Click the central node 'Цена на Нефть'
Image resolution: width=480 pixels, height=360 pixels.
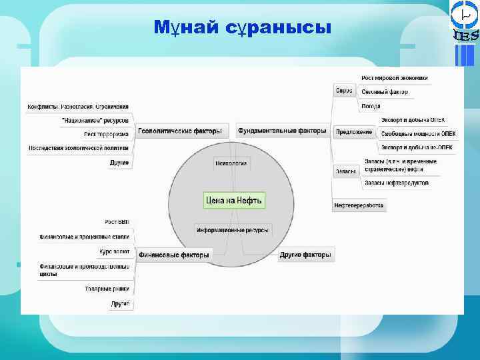click(x=234, y=200)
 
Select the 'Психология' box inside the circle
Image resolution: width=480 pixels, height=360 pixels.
click(x=231, y=163)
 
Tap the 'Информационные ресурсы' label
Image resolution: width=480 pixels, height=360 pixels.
click(x=233, y=230)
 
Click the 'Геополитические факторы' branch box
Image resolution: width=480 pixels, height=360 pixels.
click(x=179, y=131)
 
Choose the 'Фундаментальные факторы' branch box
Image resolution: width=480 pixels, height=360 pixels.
click(x=283, y=131)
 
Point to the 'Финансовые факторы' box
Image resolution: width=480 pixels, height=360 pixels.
click(x=173, y=254)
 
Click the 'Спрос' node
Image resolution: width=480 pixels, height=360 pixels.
click(x=344, y=89)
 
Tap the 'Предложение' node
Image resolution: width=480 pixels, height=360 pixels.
click(x=353, y=132)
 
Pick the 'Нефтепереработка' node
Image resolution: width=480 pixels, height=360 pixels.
click(x=359, y=206)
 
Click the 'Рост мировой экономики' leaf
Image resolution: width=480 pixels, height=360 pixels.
click(x=395, y=78)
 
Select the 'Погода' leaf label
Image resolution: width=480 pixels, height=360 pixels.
click(x=371, y=105)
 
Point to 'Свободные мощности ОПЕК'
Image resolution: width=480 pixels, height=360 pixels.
click(x=418, y=133)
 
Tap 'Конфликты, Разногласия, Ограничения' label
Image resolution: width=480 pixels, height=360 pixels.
click(x=78, y=107)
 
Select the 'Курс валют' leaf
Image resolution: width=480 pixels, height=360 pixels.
click(x=114, y=253)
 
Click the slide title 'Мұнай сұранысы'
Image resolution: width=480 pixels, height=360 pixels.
click(x=242, y=28)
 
